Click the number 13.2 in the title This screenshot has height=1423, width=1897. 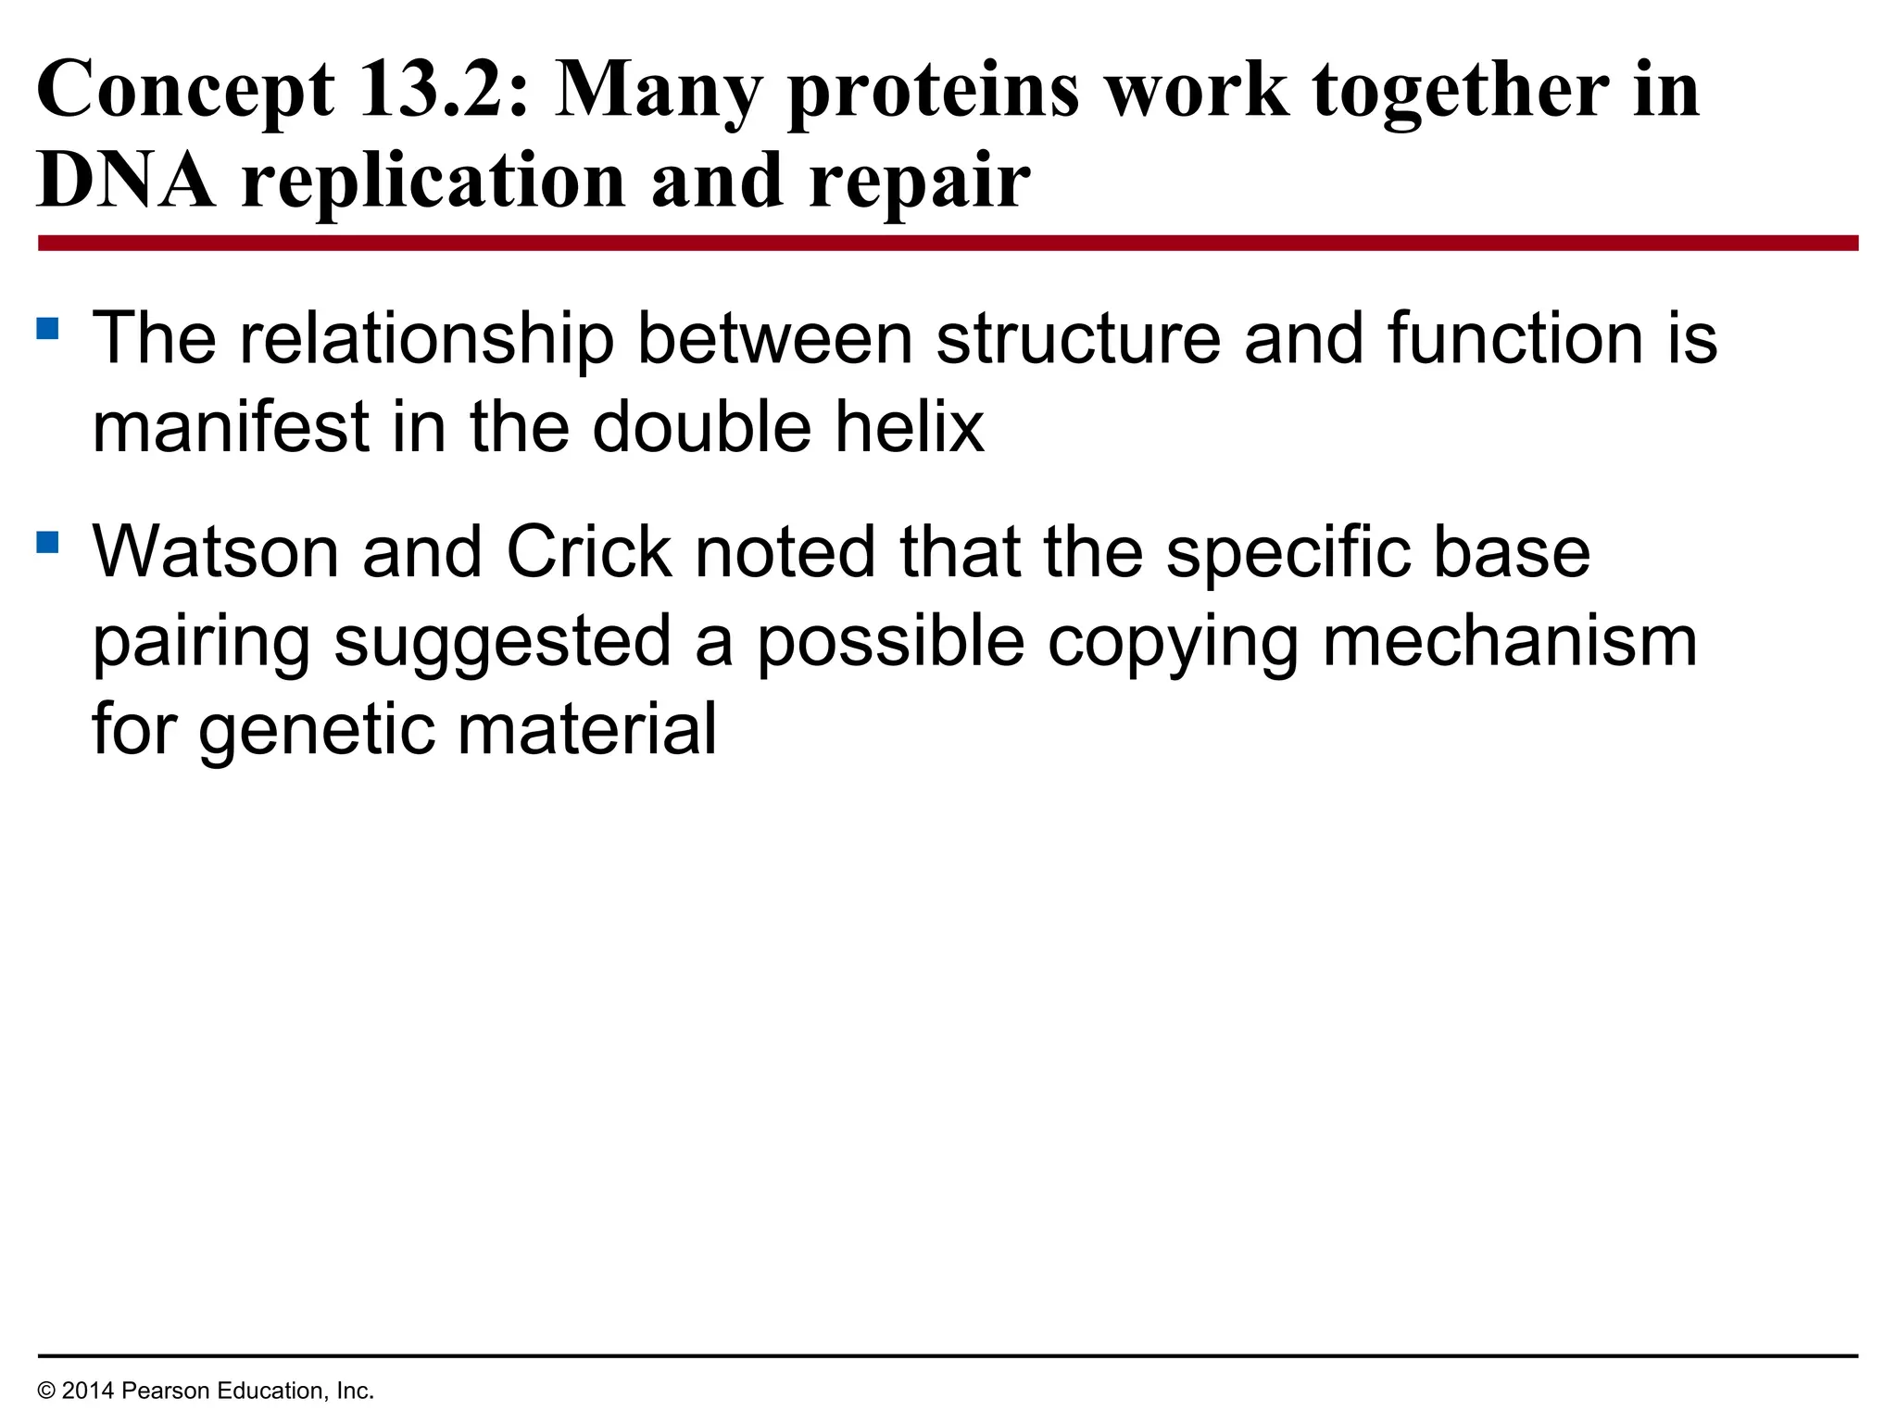[443, 90]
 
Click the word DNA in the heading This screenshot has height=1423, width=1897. [126, 181]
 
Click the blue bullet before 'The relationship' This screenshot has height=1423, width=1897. [48, 328]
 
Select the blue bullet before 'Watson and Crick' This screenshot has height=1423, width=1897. [48, 541]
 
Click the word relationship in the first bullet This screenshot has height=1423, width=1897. [427, 339]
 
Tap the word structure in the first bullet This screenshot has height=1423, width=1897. [1078, 339]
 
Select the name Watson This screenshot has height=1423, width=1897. [215, 552]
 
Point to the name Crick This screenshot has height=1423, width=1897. [588, 552]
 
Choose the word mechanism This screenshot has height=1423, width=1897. [1510, 641]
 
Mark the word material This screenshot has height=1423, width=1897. [587, 728]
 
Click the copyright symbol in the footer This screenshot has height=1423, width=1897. [46, 1391]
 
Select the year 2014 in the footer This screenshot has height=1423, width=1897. [88, 1391]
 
